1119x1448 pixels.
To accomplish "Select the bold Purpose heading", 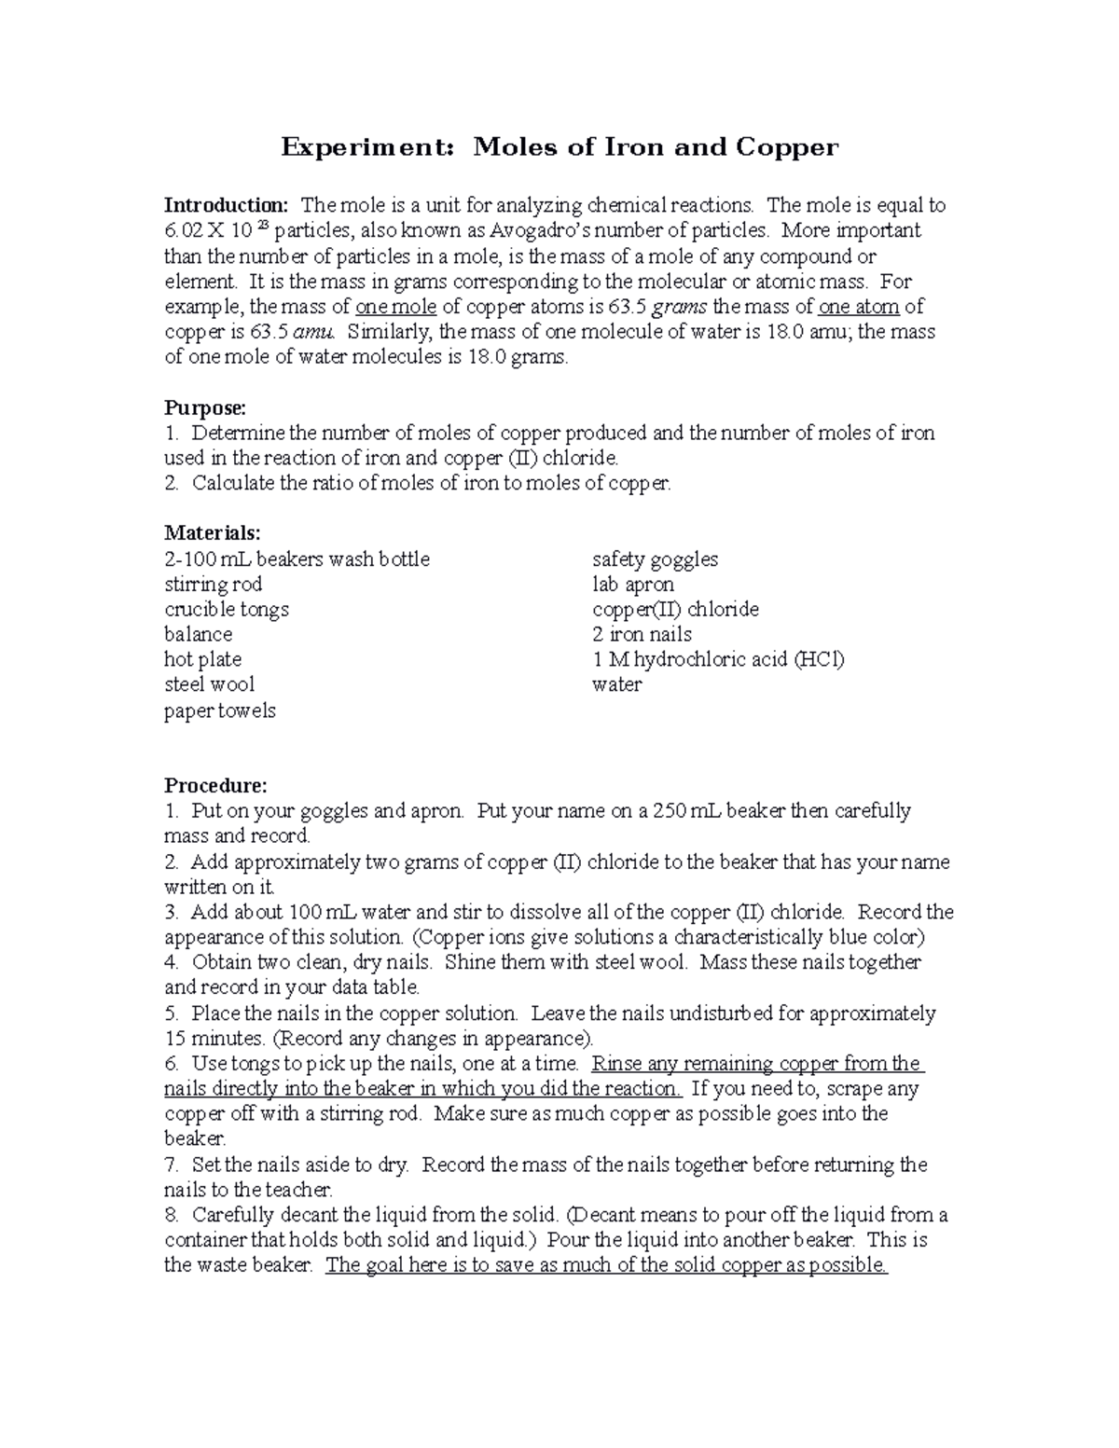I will pyautogui.click(x=205, y=407).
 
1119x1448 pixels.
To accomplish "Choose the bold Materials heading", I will pyautogui.click(x=213, y=533).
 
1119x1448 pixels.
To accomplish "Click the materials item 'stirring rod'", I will pyautogui.click(x=214, y=585).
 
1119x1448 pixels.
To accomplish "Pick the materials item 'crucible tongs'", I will pyautogui.click(x=227, y=610).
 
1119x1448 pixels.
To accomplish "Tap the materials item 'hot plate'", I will pyautogui.click(x=202, y=659).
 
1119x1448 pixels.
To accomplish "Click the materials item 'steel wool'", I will pyautogui.click(x=209, y=684).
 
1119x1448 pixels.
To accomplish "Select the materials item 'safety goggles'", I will pyautogui.click(x=655, y=559).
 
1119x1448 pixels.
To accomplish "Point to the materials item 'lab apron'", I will pyautogui.click(x=633, y=585).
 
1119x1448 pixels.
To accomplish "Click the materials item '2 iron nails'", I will pyautogui.click(x=642, y=635).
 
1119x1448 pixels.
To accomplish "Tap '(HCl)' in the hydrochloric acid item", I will pyautogui.click(x=819, y=659).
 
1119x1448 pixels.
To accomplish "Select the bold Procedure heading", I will pyautogui.click(x=215, y=785).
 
